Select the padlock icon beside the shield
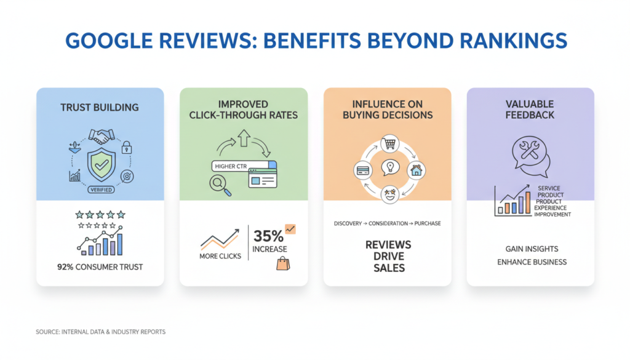pyautogui.click(x=127, y=147)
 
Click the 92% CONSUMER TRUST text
pyautogui.click(x=100, y=267)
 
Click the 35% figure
pyautogui.click(x=268, y=236)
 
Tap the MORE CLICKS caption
pyautogui.click(x=221, y=255)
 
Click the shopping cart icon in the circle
pyautogui.click(x=388, y=144)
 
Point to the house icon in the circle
pyautogui.click(x=417, y=169)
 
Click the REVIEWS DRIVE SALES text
pyautogui.click(x=388, y=256)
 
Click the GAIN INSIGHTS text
pyautogui.click(x=532, y=249)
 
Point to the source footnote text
pyautogui.click(x=100, y=332)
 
